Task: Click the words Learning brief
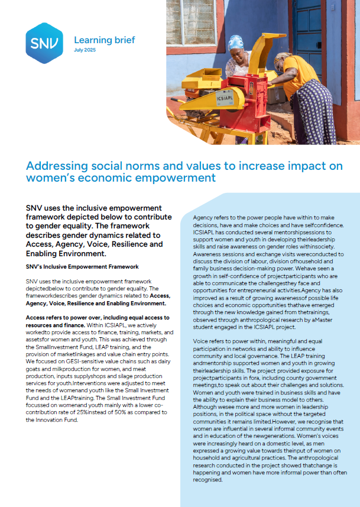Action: (104, 40)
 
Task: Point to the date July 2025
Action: (85, 50)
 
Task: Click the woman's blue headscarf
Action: (236, 42)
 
